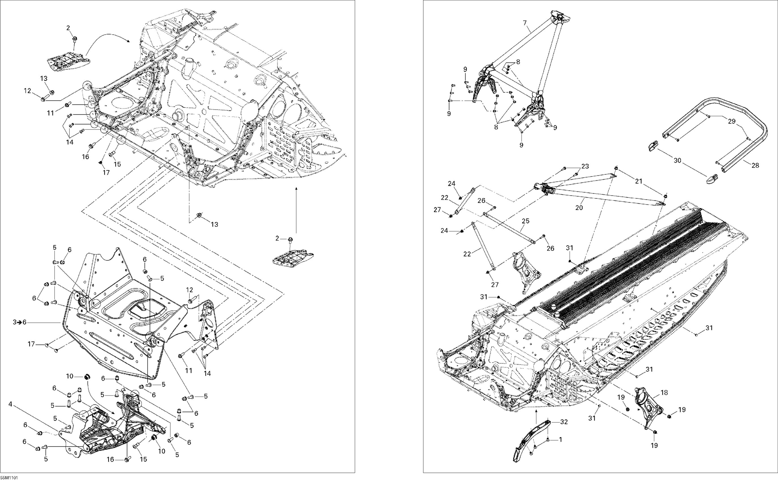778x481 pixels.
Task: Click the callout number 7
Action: click(x=525, y=23)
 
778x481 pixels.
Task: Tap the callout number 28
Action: click(x=755, y=165)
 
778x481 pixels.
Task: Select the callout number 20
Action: click(x=579, y=207)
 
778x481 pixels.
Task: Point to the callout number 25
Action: click(x=525, y=221)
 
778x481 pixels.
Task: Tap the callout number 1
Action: click(x=560, y=440)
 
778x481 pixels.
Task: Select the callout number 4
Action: click(x=10, y=404)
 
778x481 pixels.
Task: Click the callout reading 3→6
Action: click(x=20, y=322)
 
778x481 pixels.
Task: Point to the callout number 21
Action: click(x=639, y=181)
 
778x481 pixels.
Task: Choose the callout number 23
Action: click(x=585, y=166)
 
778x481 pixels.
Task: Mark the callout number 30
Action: click(x=678, y=161)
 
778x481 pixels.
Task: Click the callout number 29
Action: click(x=732, y=121)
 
